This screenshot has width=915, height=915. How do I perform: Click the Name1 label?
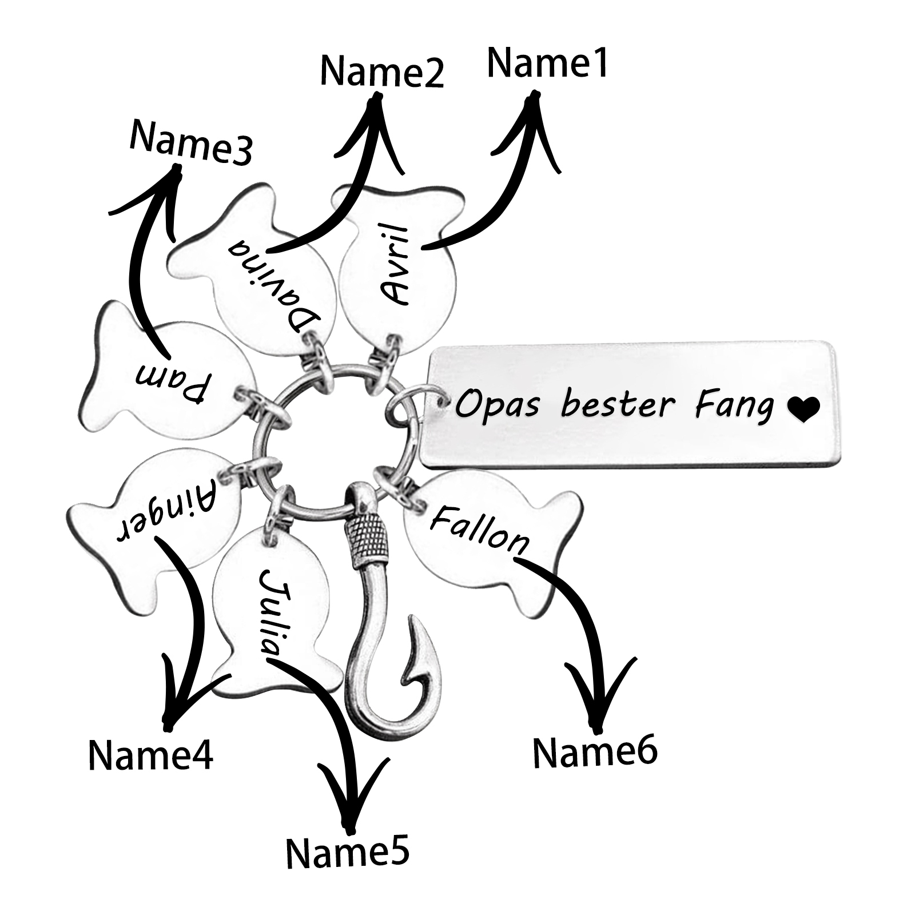[547, 63]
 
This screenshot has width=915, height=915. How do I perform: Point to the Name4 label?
[150, 754]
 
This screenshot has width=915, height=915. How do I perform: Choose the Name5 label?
[348, 853]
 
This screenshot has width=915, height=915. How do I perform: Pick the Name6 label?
[595, 751]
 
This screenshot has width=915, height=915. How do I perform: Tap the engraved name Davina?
[273, 286]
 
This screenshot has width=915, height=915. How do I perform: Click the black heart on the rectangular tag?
[803, 409]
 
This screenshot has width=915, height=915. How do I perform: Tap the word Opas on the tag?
[496, 405]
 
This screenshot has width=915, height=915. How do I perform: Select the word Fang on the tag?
[733, 406]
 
